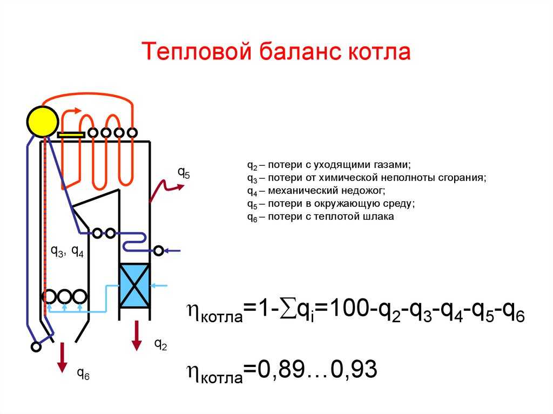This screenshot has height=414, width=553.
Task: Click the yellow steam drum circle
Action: click(43, 121)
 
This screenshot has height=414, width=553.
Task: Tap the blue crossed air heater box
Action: click(134, 286)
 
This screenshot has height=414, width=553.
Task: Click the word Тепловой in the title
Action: click(197, 51)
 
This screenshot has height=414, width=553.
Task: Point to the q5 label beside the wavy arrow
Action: click(184, 172)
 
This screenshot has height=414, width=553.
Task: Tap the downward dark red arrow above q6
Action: click(63, 357)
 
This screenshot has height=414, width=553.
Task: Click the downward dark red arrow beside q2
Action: click(137, 336)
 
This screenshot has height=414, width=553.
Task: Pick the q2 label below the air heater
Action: click(161, 344)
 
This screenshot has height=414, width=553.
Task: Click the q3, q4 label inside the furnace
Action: click(68, 251)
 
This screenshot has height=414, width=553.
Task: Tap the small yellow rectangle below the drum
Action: click(71, 135)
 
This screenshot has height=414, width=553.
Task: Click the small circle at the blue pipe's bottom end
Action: click(36, 347)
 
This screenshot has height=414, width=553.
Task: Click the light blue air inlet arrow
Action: click(159, 286)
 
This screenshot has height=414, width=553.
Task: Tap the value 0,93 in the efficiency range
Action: click(354, 369)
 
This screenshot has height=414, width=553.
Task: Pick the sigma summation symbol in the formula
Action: click(288, 309)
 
